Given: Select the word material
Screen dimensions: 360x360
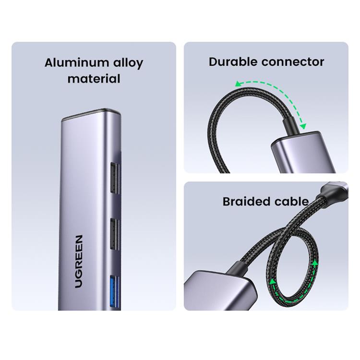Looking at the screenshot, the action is (94, 79).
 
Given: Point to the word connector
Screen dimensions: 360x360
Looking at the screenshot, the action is (293, 62).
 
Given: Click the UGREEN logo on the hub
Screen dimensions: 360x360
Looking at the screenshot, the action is (79, 261).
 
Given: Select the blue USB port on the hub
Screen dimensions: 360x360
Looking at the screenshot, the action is (115, 292).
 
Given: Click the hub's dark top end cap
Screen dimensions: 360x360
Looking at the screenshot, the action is (91, 114).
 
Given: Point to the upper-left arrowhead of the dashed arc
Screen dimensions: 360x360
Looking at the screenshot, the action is (239, 84).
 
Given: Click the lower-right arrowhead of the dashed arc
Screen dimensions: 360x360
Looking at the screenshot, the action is (303, 126).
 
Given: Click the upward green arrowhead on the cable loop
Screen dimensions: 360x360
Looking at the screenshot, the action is (315, 263).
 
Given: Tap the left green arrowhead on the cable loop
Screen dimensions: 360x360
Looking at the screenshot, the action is (273, 281).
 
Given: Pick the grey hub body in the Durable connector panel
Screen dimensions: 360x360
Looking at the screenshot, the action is (303, 153).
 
